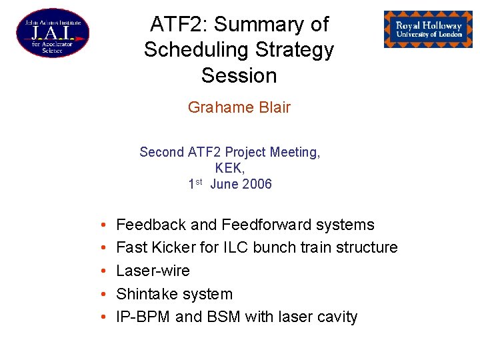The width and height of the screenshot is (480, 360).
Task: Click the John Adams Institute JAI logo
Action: coord(52,33)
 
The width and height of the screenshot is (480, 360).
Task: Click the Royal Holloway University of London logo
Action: coord(428,29)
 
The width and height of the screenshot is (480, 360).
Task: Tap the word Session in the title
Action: coord(239,75)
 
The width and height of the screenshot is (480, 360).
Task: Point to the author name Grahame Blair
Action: coord(239,107)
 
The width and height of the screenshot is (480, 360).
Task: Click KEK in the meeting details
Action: coord(229,168)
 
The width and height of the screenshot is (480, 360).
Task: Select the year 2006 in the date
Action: coord(257,185)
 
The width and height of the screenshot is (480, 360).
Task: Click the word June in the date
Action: coord(224,185)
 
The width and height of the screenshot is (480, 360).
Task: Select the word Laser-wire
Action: coord(153,271)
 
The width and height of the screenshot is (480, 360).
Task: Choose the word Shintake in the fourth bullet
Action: coord(148,294)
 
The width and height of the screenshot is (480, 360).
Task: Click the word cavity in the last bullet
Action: coord(336,317)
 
